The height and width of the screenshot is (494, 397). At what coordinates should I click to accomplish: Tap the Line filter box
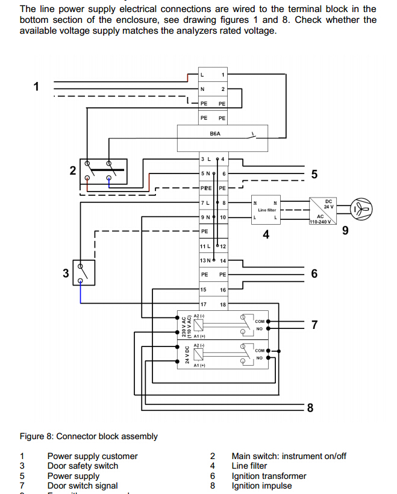(x=266, y=210)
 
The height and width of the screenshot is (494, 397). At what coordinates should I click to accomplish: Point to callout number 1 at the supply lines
(x=37, y=86)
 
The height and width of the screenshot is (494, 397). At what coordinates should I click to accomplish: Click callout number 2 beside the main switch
(x=73, y=170)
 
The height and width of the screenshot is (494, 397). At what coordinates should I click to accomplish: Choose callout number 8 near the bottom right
(x=310, y=408)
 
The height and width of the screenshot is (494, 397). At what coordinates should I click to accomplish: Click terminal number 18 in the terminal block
(x=223, y=305)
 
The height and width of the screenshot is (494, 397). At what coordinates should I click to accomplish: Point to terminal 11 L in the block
(x=205, y=246)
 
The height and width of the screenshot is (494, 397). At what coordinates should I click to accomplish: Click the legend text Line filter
(x=249, y=466)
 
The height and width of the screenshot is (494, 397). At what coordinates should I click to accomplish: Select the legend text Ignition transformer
(x=269, y=476)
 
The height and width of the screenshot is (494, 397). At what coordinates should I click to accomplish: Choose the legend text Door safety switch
(x=83, y=466)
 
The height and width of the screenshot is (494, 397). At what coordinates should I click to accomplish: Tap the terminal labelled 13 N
(x=205, y=260)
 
